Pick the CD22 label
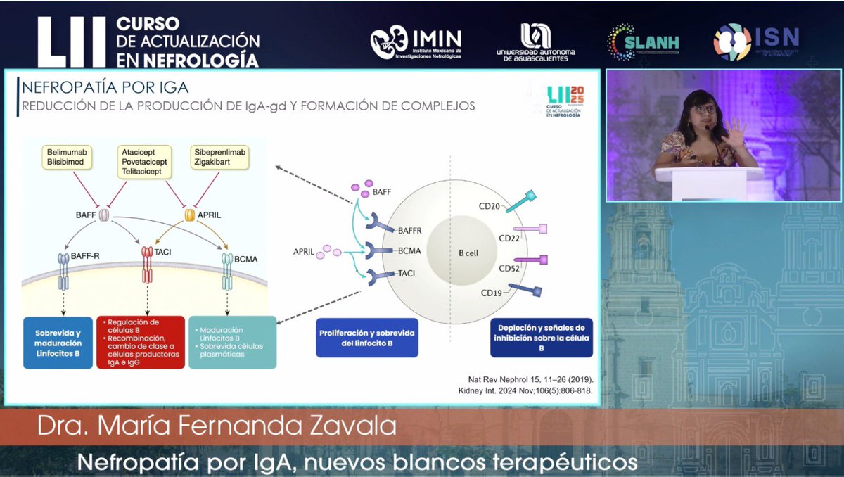509,238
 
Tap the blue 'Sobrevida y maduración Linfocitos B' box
58,343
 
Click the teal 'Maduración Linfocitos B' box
232,343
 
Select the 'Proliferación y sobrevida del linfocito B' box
366,338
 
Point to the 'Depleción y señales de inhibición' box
541,338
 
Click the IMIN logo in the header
416,43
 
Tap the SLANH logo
643,42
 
